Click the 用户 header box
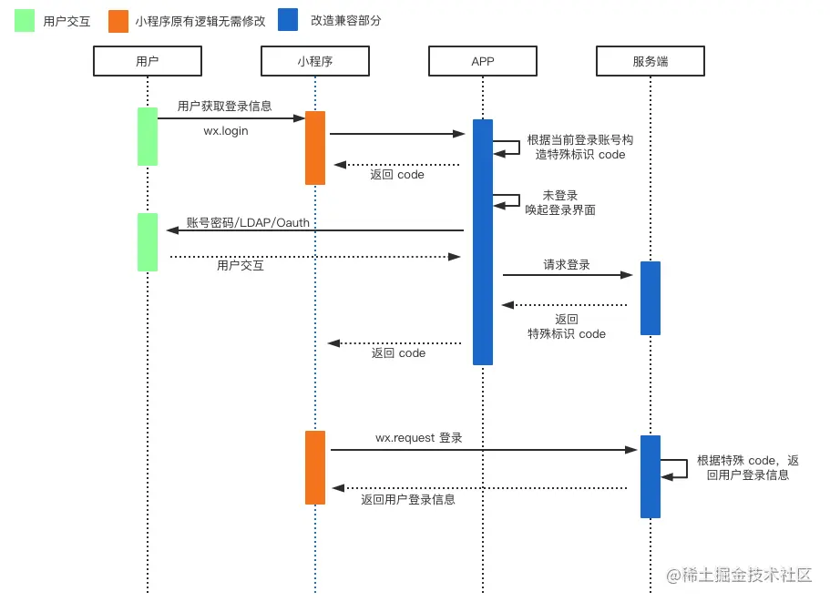(x=147, y=61)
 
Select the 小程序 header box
(x=314, y=61)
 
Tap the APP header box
(x=482, y=61)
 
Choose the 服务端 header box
(x=650, y=61)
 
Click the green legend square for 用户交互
(x=25, y=21)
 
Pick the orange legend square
(x=118, y=21)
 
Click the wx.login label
(x=225, y=131)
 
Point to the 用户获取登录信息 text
(x=224, y=107)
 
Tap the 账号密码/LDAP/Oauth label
(x=248, y=222)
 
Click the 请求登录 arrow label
(x=567, y=265)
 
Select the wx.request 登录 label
(x=418, y=438)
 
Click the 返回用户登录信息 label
(x=407, y=499)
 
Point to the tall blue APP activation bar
(x=483, y=241)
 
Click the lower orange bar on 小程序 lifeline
(x=315, y=467)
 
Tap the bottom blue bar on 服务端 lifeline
(x=650, y=476)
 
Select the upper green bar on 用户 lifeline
(x=147, y=137)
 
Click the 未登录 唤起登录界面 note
(x=559, y=202)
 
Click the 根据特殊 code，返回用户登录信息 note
(x=747, y=467)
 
